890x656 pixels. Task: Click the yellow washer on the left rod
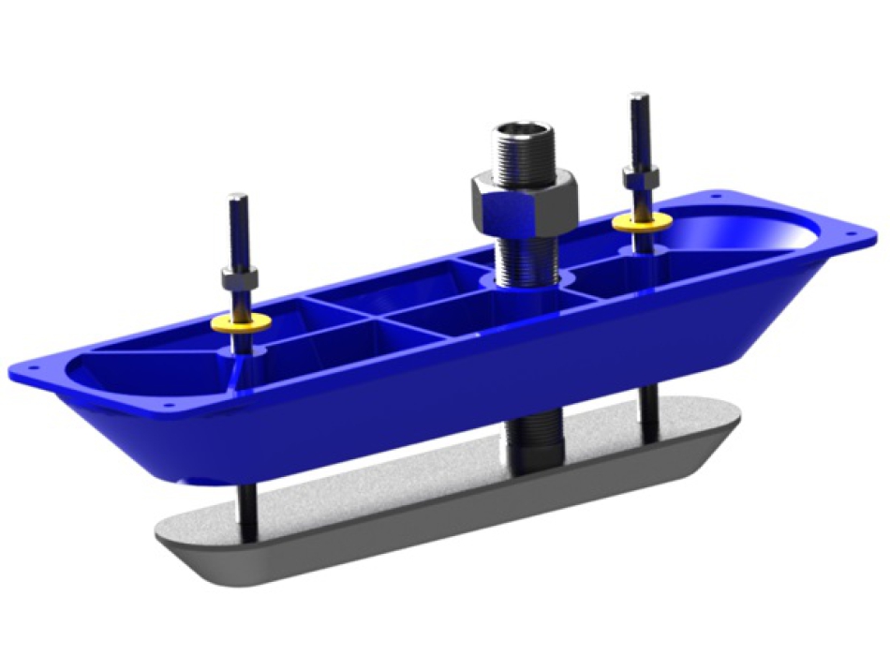point(241,322)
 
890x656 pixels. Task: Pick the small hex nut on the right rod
point(640,179)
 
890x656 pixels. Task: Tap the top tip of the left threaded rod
point(238,199)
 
